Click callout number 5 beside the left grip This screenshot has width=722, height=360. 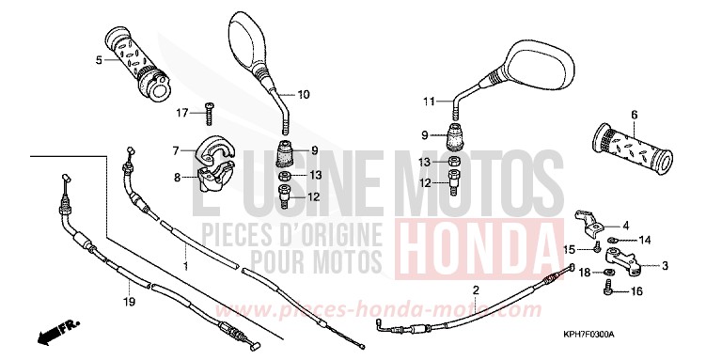[98, 60]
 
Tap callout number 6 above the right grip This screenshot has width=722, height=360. [634, 115]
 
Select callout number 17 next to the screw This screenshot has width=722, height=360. [182, 114]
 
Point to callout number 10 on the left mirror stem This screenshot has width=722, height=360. [303, 95]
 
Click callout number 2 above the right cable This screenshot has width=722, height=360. [476, 290]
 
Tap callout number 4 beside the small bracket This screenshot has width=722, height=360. [651, 226]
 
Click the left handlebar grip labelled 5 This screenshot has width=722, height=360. [139, 63]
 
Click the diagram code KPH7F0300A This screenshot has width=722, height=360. [668, 335]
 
